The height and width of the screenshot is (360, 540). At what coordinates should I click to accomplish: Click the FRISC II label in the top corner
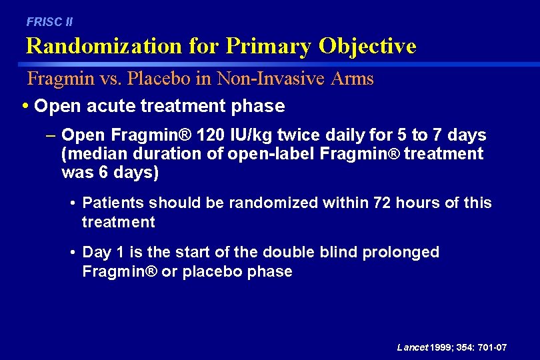[49, 22]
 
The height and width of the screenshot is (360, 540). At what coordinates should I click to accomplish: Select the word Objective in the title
[367, 46]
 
